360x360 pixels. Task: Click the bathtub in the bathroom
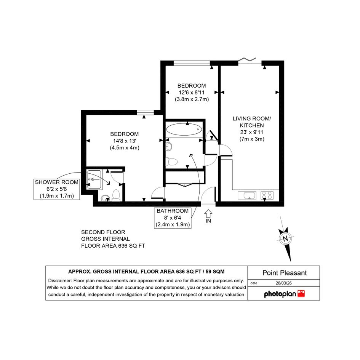coord(184,130)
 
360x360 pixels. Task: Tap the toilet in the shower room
coord(116,195)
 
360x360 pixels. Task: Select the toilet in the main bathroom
coord(171,162)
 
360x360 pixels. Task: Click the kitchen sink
coord(247,195)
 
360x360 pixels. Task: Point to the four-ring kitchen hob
coord(267,195)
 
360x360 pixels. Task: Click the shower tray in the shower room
coord(94,179)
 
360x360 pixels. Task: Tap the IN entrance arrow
coord(208,214)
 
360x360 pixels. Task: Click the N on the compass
coord(285,238)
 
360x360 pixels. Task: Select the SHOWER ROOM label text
coord(57,182)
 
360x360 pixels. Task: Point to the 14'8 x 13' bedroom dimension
coord(125,141)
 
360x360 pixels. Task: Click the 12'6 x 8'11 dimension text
coord(192,93)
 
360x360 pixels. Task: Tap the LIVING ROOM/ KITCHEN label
coord(252,122)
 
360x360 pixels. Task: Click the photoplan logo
coord(284,294)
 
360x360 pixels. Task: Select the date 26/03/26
coord(283,283)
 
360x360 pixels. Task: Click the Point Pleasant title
coord(285,273)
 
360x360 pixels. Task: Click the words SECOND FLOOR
coord(103,232)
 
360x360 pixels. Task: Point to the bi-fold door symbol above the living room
coord(247,60)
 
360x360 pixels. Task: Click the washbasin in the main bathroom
coord(169,146)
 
